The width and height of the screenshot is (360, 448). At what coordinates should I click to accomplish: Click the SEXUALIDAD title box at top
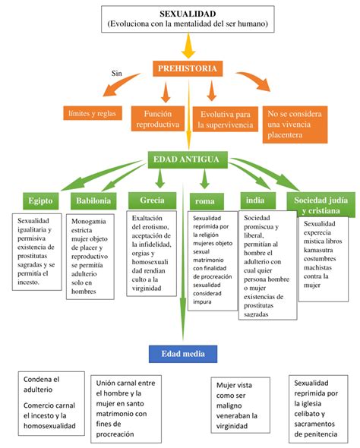[x=187, y=20]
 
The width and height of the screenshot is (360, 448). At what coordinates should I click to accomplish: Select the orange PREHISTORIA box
[x=188, y=69]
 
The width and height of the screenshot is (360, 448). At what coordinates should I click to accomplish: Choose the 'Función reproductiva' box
[x=156, y=118]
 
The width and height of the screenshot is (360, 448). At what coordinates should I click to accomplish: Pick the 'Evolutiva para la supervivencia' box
[x=222, y=118]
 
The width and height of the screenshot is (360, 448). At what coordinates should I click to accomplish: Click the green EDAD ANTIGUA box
[x=187, y=159]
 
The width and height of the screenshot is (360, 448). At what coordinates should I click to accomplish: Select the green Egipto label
[x=39, y=201]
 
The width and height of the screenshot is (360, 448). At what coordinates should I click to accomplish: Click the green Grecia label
[x=152, y=200]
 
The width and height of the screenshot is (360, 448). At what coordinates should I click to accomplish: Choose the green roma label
[x=205, y=201]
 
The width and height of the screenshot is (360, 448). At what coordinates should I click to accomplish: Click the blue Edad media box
[x=183, y=354]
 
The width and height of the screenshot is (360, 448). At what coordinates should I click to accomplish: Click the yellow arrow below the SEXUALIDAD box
[x=188, y=47]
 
